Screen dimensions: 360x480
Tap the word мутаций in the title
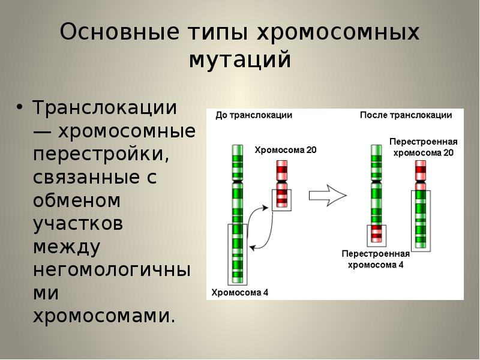click(240, 60)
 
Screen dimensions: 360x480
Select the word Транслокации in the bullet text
click(104, 109)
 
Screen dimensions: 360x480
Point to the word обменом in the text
click(77, 200)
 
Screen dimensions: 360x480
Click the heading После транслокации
click(406, 115)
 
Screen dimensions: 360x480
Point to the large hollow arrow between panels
click(328, 195)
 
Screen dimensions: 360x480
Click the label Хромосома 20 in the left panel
click(286, 150)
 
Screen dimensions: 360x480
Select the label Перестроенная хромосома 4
click(376, 259)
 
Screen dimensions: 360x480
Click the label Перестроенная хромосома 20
click(423, 147)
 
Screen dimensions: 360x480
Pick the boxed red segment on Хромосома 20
click(281, 198)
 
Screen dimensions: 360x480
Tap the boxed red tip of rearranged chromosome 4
click(377, 233)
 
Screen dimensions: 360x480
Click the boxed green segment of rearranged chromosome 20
click(421, 219)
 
